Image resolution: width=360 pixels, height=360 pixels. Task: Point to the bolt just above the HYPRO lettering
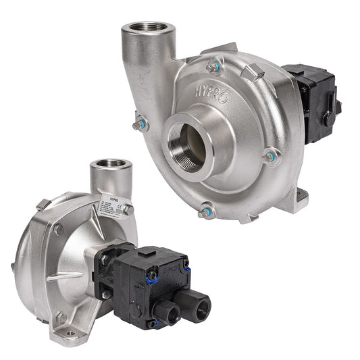215,66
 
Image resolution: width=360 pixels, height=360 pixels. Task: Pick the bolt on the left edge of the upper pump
140,125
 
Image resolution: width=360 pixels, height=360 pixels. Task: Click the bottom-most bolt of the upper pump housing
205,213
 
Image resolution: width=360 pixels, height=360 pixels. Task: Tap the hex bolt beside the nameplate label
128,211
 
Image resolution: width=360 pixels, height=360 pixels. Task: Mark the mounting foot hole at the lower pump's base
69,332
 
